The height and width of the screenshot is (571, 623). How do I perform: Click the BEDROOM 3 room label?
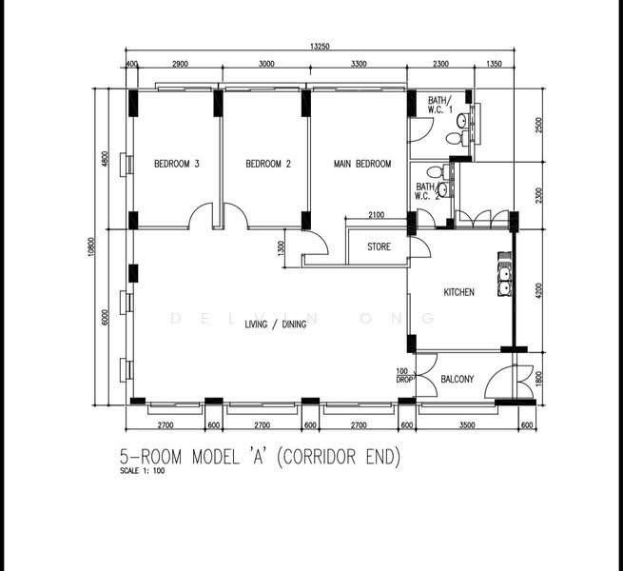(176, 164)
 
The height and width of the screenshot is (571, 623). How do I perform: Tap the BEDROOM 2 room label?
(268, 164)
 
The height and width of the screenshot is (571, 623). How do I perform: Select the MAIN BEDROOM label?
(361, 164)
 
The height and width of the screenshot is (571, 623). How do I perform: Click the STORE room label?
(379, 247)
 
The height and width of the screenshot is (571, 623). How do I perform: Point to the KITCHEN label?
(458, 292)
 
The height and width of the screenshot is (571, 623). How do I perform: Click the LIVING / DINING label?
(276, 325)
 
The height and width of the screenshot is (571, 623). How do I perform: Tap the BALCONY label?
(458, 379)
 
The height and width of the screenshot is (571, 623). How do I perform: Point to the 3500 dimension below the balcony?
(458, 424)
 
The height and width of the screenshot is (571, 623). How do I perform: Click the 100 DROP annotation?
(403, 375)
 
